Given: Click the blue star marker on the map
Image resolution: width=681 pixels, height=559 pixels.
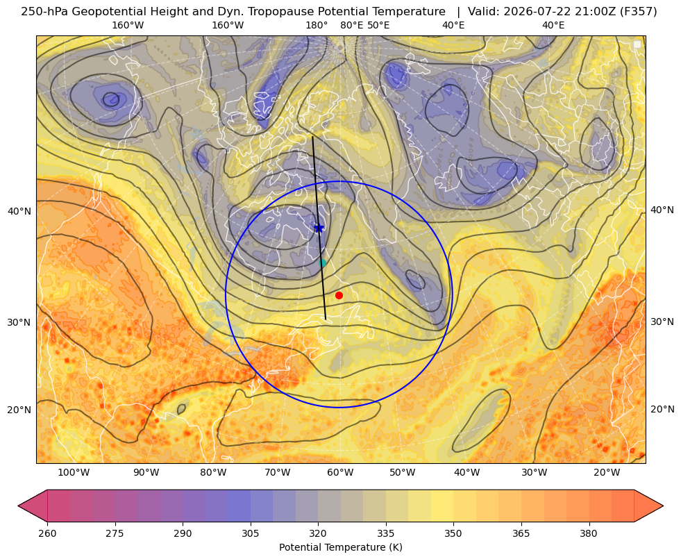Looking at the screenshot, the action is click(319, 228).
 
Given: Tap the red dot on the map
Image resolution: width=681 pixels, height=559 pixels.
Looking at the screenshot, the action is click(339, 295).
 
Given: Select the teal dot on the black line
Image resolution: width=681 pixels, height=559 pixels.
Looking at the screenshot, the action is click(322, 262).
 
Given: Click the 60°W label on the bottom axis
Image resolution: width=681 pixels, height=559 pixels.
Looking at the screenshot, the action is click(340, 472).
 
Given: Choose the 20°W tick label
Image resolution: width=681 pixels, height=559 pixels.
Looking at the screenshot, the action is click(607, 472).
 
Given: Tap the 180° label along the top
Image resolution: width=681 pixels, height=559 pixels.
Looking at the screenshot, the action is click(317, 25).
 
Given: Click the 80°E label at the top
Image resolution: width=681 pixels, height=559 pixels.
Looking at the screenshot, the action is click(351, 25).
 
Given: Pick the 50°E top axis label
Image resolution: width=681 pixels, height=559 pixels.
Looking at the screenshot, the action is click(378, 25).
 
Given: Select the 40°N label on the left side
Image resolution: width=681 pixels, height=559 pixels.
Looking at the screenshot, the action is click(19, 212).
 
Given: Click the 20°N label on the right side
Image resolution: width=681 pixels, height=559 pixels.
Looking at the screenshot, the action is click(662, 409).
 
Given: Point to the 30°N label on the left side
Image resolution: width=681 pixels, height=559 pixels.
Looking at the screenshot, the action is click(19, 322).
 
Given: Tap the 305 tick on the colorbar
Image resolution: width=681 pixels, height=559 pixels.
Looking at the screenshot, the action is click(250, 533).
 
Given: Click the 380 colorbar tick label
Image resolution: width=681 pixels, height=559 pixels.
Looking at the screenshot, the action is click(589, 533).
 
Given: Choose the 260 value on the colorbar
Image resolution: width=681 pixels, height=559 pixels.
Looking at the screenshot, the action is click(47, 533).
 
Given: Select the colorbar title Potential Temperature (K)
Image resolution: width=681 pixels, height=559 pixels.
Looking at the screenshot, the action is click(340, 547).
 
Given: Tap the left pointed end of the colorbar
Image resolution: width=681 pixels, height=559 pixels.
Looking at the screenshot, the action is click(18, 506).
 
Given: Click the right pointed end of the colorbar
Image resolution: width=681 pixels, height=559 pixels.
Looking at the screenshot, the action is click(663, 506).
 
